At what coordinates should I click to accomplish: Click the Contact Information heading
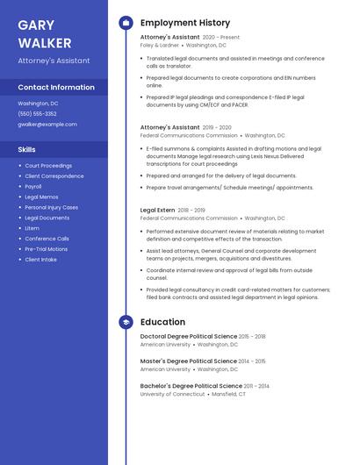(x=56, y=87)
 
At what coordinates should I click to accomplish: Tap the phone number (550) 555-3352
(x=37, y=113)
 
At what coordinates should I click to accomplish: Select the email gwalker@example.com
(x=47, y=124)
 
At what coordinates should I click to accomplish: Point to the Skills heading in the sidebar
(x=26, y=149)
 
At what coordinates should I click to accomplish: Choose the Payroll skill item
(x=33, y=186)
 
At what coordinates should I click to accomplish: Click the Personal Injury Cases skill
(x=51, y=207)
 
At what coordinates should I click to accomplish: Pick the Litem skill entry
(x=32, y=228)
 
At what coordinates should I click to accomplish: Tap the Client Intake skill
(x=40, y=260)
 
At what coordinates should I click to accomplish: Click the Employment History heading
(x=184, y=23)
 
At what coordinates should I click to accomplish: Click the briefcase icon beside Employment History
(x=126, y=23)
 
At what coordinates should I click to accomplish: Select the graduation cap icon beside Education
(x=126, y=322)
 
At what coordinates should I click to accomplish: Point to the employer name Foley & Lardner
(x=159, y=45)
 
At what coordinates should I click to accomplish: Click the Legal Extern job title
(x=157, y=211)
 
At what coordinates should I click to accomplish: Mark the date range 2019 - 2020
(x=217, y=127)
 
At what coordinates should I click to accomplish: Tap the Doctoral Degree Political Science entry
(x=189, y=336)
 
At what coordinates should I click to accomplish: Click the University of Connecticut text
(x=173, y=394)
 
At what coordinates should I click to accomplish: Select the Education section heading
(x=162, y=322)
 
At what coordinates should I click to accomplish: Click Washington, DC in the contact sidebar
(x=38, y=103)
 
